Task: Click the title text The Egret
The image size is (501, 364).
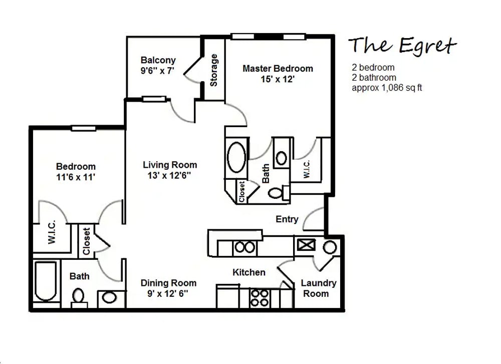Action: coord(402,46)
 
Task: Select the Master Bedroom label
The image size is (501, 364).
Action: coord(277,69)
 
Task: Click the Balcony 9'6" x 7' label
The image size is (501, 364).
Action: coord(158,66)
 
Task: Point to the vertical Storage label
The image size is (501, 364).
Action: coord(214,70)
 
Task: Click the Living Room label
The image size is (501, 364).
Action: coord(170,165)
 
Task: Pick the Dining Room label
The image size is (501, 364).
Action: coord(168,283)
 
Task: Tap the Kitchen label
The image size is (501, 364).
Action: coord(248,272)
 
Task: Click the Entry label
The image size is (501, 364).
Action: coord(287,219)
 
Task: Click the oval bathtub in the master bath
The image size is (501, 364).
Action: coord(236,158)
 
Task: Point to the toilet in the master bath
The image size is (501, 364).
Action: coord(278,192)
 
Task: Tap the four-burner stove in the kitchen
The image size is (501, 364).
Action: coord(260,297)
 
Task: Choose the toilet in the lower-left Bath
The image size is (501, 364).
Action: coord(78,297)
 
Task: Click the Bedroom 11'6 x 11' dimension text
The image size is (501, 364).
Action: coord(76,177)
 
